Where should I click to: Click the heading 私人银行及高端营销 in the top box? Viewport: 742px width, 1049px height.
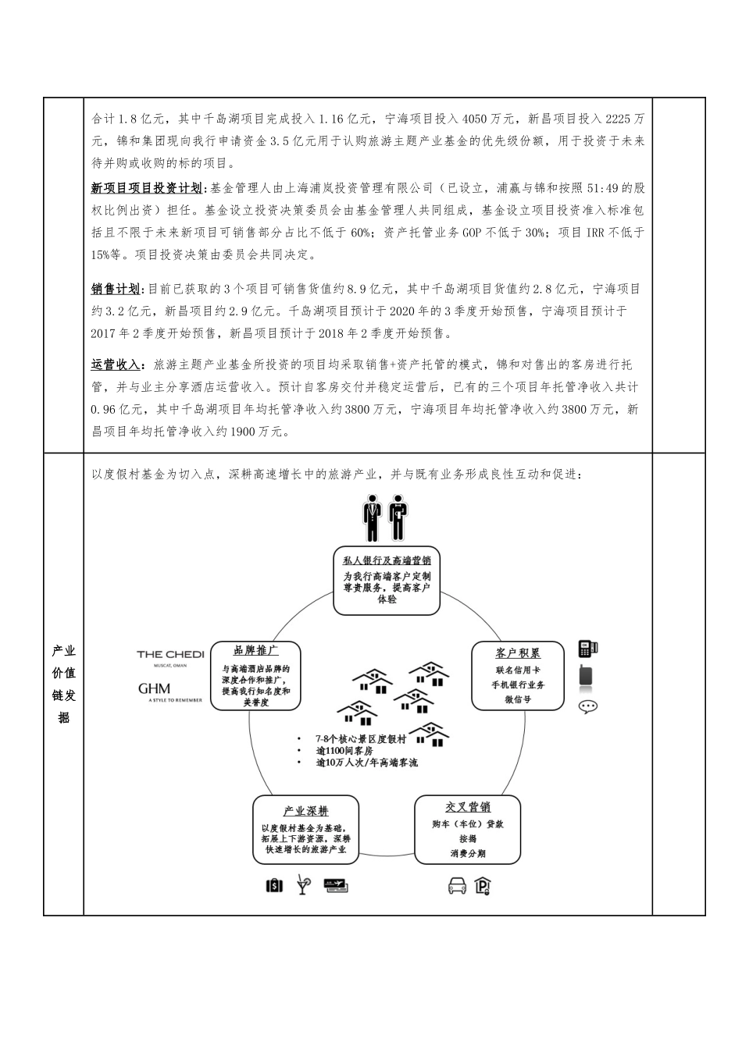tap(387, 560)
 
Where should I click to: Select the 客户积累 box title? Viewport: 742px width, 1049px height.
tap(518, 653)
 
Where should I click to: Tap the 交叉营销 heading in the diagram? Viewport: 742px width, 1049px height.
tap(468, 807)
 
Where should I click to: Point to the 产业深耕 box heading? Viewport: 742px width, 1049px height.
tap(305, 811)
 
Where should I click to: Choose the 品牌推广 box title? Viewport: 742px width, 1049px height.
tap(256, 650)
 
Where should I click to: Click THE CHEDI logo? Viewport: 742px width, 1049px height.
tap(170, 655)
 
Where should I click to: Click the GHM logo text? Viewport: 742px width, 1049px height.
tap(154, 689)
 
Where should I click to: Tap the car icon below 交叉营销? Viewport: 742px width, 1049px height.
tap(457, 886)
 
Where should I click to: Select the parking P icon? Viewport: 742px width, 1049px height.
tap(483, 886)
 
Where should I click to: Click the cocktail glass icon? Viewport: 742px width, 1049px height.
tap(303, 885)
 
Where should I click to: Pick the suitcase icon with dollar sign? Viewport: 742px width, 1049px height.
tap(274, 886)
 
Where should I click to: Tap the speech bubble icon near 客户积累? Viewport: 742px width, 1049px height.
tap(588, 706)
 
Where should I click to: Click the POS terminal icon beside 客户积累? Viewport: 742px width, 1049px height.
tap(587, 648)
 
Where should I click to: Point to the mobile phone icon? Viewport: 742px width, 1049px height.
tap(586, 676)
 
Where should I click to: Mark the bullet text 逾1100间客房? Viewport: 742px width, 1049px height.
tap(344, 751)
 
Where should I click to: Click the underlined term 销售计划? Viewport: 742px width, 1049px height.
tap(116, 289)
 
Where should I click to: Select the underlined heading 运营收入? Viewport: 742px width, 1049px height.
tap(116, 365)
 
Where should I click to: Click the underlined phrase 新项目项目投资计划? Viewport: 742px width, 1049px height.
tap(146, 188)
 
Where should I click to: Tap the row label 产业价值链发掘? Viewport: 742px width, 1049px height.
tap(63, 684)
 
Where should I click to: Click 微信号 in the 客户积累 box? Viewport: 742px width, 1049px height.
tap(518, 699)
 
